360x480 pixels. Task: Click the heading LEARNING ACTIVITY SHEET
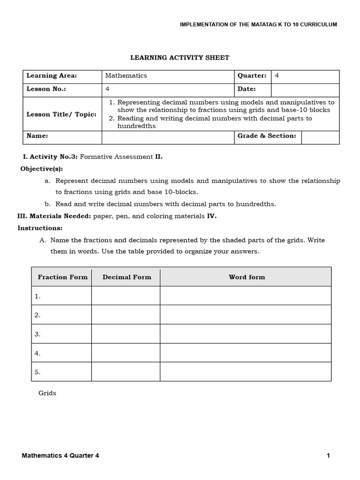coord(180,58)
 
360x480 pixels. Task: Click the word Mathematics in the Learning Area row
coord(126,75)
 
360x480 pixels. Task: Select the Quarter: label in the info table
coord(252,75)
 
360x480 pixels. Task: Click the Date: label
coord(247,89)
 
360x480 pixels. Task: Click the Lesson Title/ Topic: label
coord(61,114)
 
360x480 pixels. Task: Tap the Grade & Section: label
coord(267,136)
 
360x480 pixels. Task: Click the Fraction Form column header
coord(62,277)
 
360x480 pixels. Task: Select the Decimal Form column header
coord(127,277)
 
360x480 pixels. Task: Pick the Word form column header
coord(247,277)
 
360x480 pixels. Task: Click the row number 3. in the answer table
coord(37,334)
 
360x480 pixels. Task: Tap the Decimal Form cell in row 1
coord(126,296)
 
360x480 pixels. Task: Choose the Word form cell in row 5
coord(246,372)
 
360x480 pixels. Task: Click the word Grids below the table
coord(47,393)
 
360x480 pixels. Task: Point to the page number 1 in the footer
coord(329,456)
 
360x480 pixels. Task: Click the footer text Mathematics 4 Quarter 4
coord(60,456)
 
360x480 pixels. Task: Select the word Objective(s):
coord(41,169)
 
